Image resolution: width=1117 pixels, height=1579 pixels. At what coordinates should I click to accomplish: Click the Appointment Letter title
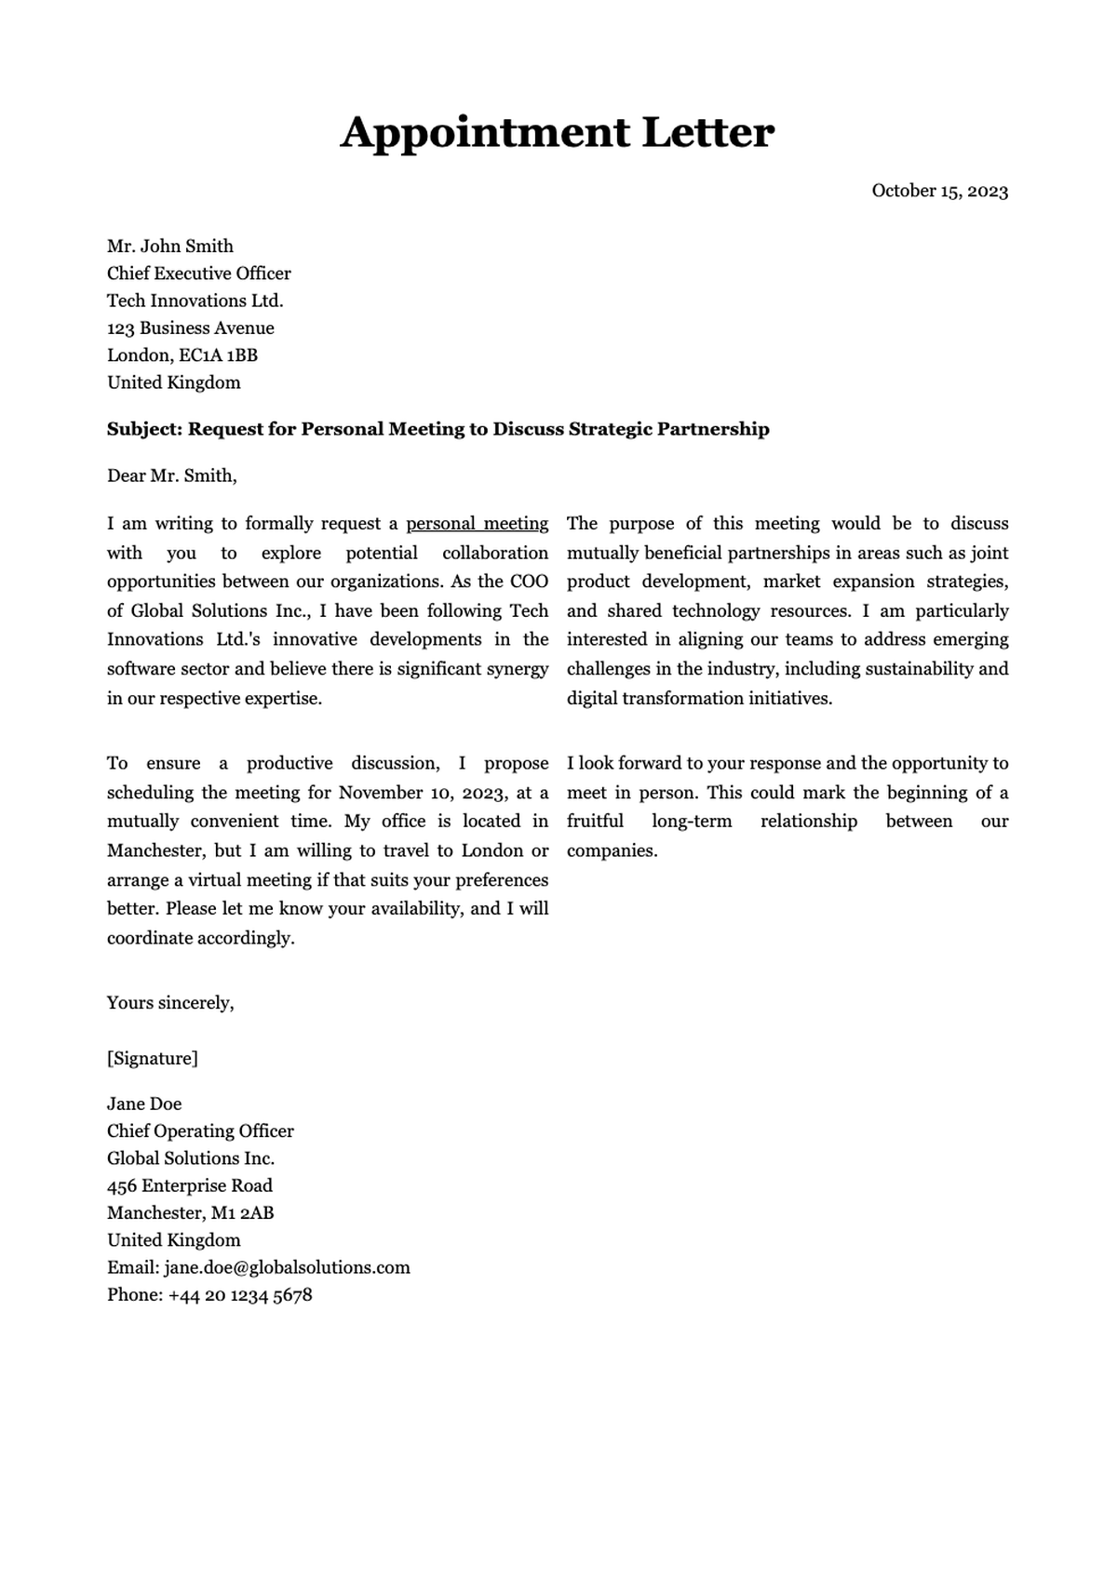557,133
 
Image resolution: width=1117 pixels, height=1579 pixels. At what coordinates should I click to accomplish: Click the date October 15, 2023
939,191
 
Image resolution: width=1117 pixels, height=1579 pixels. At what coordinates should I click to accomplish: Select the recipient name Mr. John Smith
169,247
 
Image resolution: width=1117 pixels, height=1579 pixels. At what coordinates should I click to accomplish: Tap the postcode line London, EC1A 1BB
182,355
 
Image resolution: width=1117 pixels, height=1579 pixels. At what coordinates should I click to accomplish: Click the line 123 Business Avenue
190,328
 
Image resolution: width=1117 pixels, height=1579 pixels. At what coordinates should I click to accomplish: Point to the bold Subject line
437,429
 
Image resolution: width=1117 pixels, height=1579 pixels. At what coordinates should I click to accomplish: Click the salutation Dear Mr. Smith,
171,476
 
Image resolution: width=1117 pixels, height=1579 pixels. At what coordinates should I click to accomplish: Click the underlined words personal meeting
477,524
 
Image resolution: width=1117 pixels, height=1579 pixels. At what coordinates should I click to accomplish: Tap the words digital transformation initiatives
698,699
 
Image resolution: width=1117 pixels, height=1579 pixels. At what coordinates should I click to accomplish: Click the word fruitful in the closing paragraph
595,822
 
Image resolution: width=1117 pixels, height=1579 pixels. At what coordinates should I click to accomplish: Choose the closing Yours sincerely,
169,1003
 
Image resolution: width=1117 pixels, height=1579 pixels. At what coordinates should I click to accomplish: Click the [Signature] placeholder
152,1059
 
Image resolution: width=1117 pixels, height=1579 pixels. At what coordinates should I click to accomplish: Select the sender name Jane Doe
143,1104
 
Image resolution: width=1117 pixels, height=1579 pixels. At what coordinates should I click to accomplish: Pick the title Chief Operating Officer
200,1131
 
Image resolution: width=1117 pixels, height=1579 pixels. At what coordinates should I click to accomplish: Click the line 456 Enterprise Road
189,1186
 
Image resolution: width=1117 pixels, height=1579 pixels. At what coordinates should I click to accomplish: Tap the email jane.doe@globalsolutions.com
287,1268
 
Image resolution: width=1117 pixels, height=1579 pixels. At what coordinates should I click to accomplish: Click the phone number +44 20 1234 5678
240,1295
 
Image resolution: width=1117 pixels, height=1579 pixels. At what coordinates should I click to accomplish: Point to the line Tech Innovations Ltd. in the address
195,301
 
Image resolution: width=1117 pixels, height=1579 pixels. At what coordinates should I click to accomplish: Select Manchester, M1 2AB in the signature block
190,1213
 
